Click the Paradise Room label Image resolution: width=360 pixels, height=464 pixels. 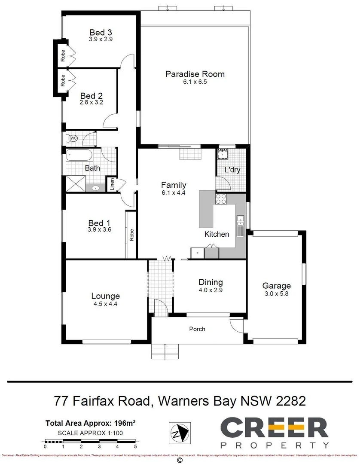click(x=195, y=74)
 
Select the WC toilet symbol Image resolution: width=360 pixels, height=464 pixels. click(x=72, y=138)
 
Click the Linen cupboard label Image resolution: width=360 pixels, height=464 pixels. click(x=112, y=184)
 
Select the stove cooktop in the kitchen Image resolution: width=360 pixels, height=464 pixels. click(x=221, y=199)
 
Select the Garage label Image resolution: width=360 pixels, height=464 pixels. click(x=276, y=286)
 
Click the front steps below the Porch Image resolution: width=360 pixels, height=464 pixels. click(x=165, y=351)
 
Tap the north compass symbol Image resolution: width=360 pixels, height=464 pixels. click(x=179, y=432)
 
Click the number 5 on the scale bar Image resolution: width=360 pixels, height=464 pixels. click(x=135, y=447)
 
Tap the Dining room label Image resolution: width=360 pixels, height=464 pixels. click(x=211, y=282)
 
